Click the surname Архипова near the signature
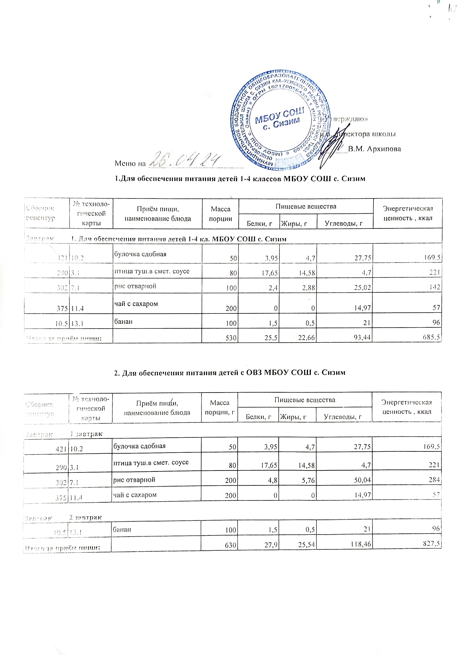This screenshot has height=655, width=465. point(374,149)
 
